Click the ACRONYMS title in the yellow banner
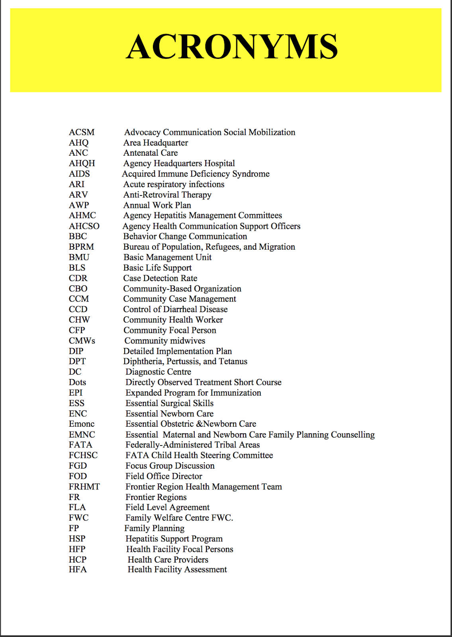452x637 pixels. click(232, 47)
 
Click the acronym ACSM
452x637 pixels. click(82, 132)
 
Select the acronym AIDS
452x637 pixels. click(79, 174)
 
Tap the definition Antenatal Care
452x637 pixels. click(150, 153)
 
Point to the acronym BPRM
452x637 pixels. click(81, 247)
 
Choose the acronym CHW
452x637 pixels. click(79, 320)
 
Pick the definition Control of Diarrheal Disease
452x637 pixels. click(175, 309)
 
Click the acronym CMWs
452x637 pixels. click(82, 341)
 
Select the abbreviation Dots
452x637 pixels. click(77, 382)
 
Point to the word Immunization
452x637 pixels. click(236, 393)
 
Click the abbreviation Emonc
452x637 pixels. click(82, 424)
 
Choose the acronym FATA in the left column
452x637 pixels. click(80, 445)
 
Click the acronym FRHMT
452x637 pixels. click(84, 487)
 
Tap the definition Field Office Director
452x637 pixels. click(164, 476)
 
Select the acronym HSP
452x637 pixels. click(77, 539)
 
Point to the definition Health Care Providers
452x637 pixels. click(168, 559)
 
